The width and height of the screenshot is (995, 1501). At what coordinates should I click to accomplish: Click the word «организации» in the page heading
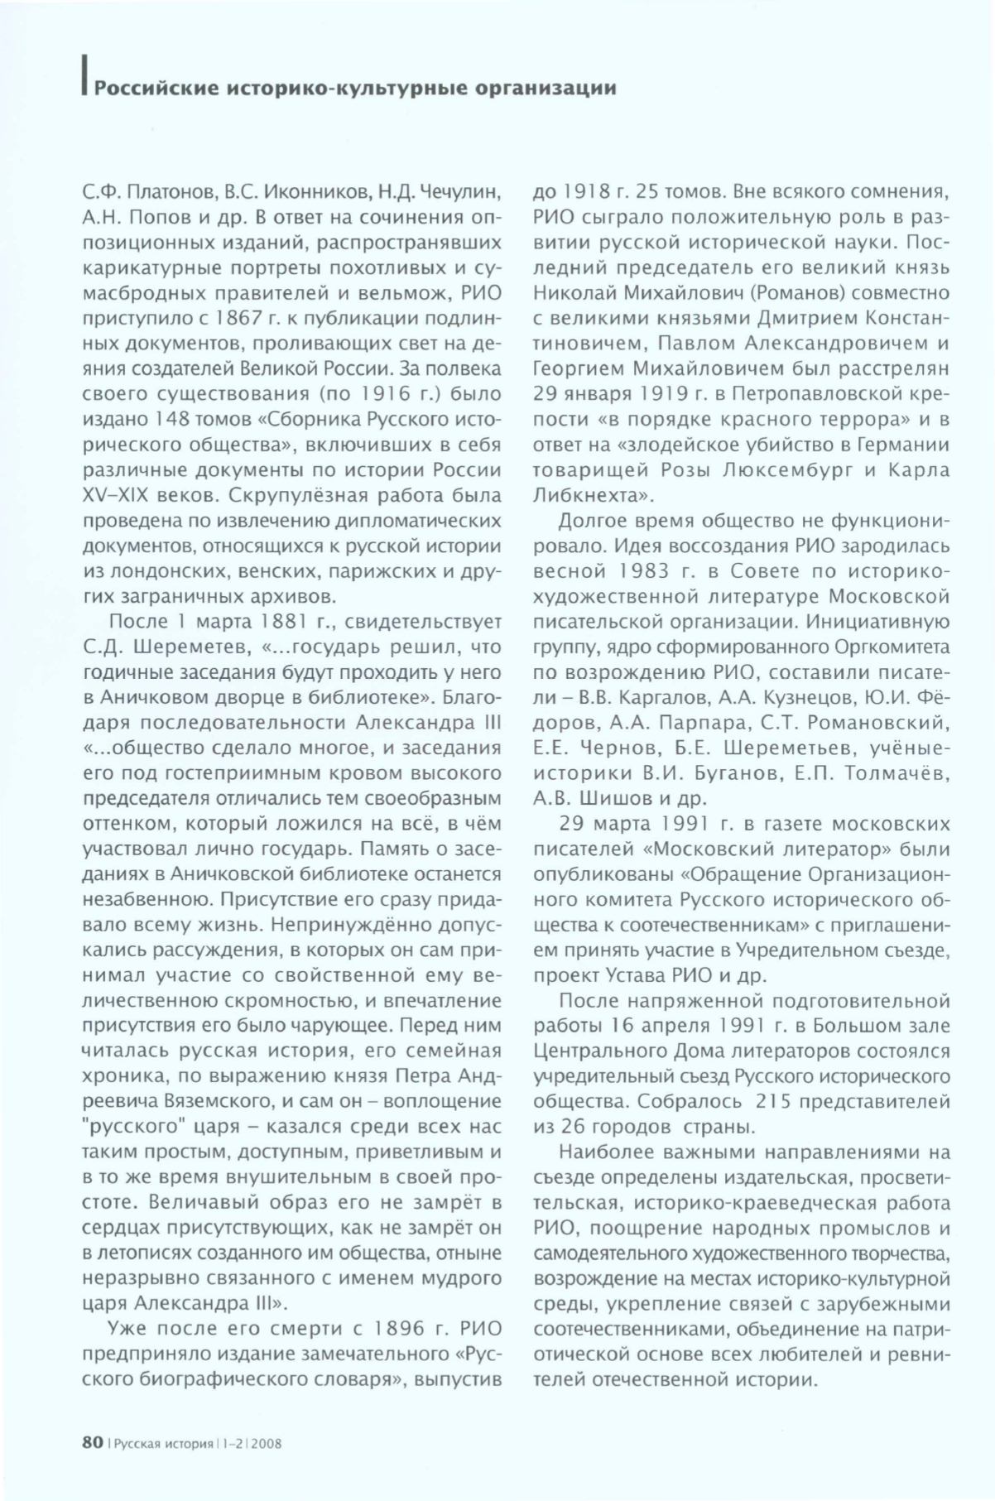tap(546, 89)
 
